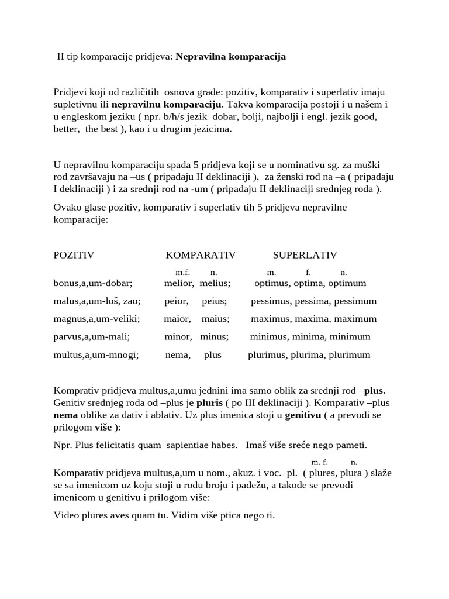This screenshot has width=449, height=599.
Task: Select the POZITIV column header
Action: pyautogui.click(x=74, y=255)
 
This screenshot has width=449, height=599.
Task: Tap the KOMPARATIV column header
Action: pyautogui.click(x=201, y=255)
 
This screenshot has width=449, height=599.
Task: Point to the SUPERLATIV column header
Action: pyautogui.click(x=305, y=255)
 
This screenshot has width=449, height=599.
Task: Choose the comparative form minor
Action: pyautogui.click(x=178, y=337)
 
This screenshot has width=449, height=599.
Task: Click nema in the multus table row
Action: pyautogui.click(x=178, y=355)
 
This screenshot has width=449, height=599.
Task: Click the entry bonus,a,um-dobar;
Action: pyautogui.click(x=93, y=284)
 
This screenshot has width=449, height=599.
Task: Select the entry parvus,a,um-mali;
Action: pyautogui.click(x=91, y=337)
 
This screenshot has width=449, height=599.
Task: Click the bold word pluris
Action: pyautogui.click(x=209, y=404)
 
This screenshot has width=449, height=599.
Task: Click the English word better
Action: pyautogui.click(x=67, y=129)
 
